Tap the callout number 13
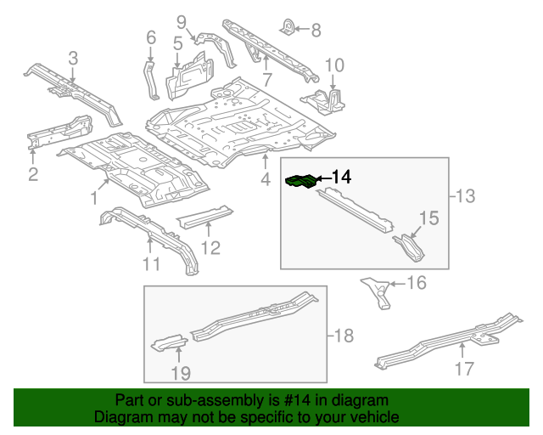(464, 197)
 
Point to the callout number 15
(428, 218)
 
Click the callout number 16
(416, 282)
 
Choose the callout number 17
(463, 369)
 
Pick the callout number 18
(342, 336)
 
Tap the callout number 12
(210, 247)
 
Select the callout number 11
(150, 264)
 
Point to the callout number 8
(316, 31)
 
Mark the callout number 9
(181, 20)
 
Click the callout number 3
(73, 58)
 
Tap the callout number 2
(33, 175)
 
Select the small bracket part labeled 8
(289, 28)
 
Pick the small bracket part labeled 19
(167, 342)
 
